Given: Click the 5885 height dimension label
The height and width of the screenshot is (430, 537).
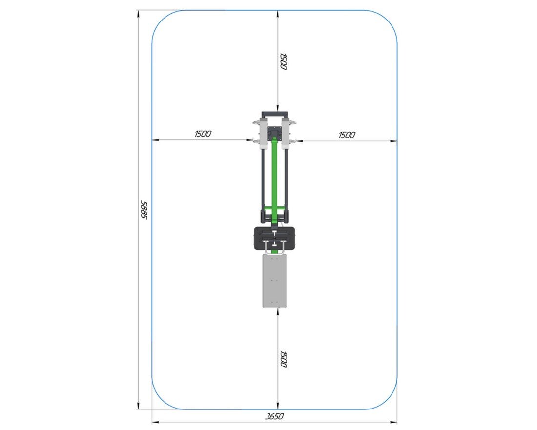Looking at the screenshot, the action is pos(144,210).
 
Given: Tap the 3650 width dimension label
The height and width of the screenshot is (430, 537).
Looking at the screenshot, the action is pos(275,416).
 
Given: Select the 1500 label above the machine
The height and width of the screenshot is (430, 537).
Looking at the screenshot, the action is pos(283,62).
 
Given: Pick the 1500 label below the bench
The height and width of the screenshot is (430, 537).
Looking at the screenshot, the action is pos(283,359).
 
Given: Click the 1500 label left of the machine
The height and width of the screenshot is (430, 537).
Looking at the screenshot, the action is pos(203,134).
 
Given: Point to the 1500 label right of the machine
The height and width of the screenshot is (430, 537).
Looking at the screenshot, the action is pos(347,135).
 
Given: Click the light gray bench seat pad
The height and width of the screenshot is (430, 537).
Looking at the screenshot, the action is pos(275,280).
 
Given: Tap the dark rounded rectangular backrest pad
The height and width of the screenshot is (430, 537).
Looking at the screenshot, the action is pos(275,238).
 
